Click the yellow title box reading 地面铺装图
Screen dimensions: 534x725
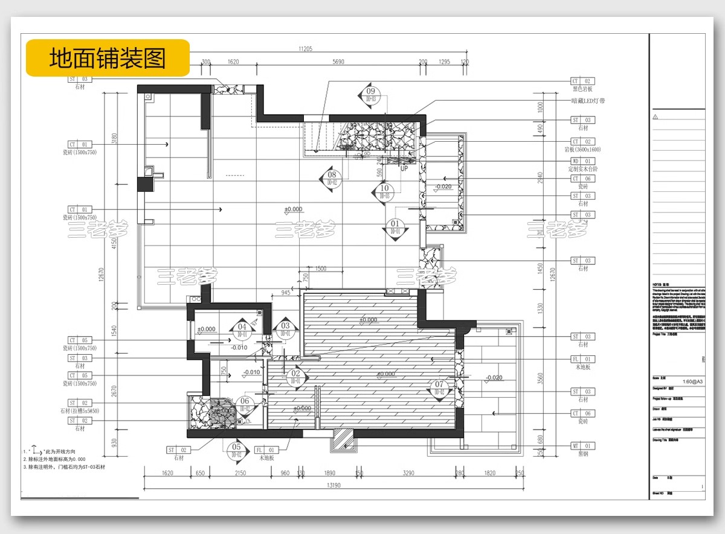(x=108, y=58)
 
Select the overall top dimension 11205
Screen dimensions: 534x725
(x=305, y=49)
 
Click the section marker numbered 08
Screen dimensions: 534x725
(x=332, y=178)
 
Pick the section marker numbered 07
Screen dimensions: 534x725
(x=439, y=387)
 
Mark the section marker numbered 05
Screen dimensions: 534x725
(x=236, y=450)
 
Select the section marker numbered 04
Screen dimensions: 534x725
(x=242, y=329)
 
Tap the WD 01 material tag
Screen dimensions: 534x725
(x=583, y=161)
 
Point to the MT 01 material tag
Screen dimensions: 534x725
(x=583, y=446)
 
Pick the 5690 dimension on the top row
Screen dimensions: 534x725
(x=338, y=62)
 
